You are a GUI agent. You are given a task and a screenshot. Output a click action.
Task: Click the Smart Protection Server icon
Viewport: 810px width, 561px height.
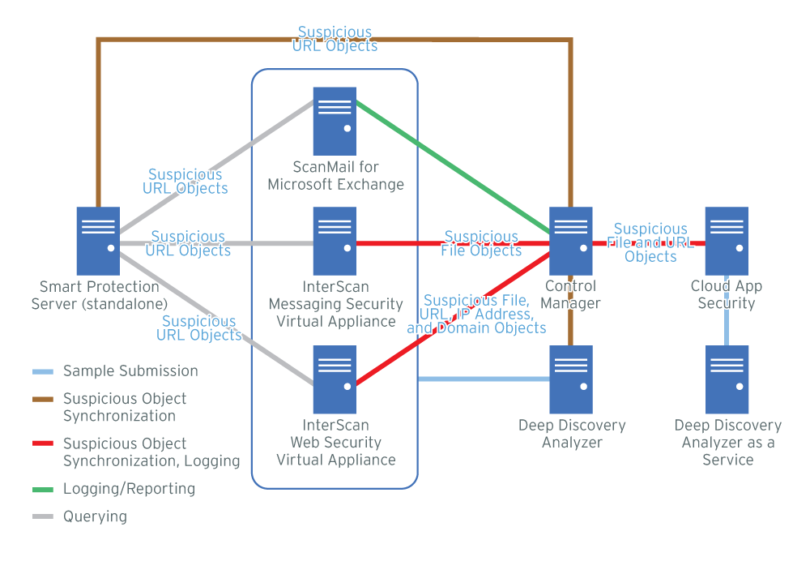coord(98,241)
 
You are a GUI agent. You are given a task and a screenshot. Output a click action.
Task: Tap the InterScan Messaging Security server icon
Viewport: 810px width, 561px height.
coord(335,241)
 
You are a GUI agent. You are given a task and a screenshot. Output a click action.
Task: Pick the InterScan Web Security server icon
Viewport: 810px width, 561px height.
coord(335,379)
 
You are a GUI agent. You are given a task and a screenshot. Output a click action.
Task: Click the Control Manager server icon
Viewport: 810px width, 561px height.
coord(571,241)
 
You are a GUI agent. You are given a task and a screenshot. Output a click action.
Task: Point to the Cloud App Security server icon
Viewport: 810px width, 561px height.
coord(727,241)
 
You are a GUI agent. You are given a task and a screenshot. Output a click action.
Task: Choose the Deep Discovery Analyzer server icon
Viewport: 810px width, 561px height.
coord(571,379)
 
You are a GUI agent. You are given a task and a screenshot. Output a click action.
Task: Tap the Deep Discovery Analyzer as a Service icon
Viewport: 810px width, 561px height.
coord(727,379)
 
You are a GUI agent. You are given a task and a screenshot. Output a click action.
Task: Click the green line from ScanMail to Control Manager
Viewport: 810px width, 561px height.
coord(454,166)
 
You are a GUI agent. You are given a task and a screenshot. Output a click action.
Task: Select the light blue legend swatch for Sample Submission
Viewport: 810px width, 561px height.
coord(42,372)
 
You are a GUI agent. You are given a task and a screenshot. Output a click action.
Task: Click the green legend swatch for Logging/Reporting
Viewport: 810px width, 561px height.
coord(42,490)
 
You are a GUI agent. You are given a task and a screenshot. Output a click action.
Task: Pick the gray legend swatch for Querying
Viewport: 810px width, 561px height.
coord(42,516)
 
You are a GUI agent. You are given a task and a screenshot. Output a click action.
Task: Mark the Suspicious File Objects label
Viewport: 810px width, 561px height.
coord(481,244)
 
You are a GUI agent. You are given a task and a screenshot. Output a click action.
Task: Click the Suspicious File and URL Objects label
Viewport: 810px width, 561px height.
coord(650,242)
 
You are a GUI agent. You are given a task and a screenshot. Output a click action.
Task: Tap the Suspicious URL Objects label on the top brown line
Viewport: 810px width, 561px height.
coord(335,39)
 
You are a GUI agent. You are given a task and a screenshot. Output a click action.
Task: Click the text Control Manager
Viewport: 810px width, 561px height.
coord(571,295)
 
